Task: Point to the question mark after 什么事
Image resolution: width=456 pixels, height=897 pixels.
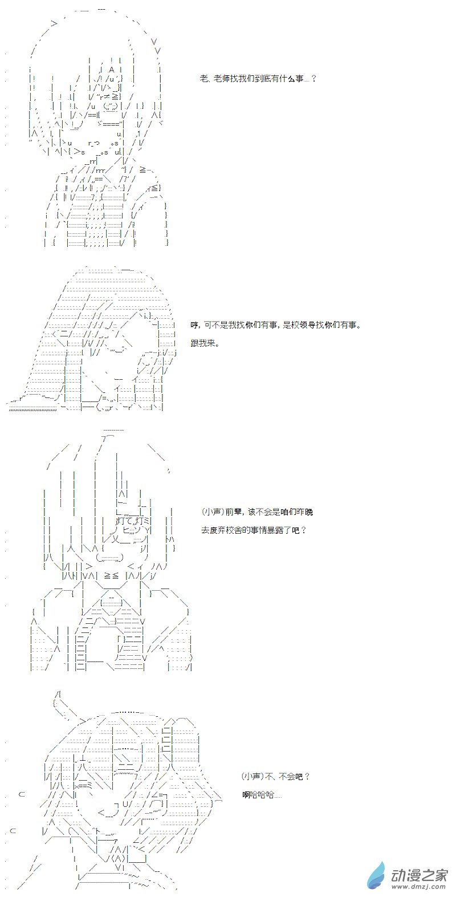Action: pos(313,78)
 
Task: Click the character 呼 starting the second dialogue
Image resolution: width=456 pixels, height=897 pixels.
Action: pos(194,325)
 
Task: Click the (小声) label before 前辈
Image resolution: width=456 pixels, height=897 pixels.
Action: pos(213,512)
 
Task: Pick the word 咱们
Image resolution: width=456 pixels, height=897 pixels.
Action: pos(281,512)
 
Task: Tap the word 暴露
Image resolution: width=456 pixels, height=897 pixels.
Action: pos(275,530)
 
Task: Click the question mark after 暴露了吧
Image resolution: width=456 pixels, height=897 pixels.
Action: pos(304,530)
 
